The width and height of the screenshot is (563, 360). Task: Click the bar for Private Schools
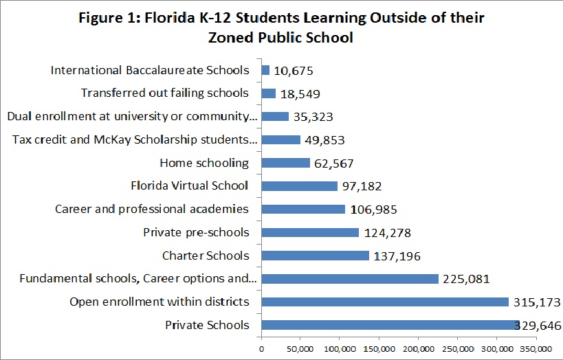click(x=385, y=325)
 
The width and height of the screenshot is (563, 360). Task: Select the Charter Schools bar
click(x=315, y=256)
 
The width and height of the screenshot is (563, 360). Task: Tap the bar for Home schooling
click(x=285, y=163)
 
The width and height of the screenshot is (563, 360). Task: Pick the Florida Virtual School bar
click(x=299, y=186)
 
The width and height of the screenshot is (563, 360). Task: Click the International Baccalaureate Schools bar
click(x=265, y=70)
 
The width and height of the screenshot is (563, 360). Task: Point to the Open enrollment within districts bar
click(x=384, y=302)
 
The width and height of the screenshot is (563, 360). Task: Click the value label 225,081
click(x=466, y=279)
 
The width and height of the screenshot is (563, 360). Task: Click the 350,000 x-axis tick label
click(x=534, y=349)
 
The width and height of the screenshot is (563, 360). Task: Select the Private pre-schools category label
click(x=196, y=232)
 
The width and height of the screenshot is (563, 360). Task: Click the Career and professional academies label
click(x=152, y=209)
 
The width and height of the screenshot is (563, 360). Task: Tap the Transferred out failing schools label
click(x=164, y=93)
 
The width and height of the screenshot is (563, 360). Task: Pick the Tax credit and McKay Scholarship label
click(x=135, y=139)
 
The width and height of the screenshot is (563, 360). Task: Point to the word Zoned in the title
click(x=232, y=38)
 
